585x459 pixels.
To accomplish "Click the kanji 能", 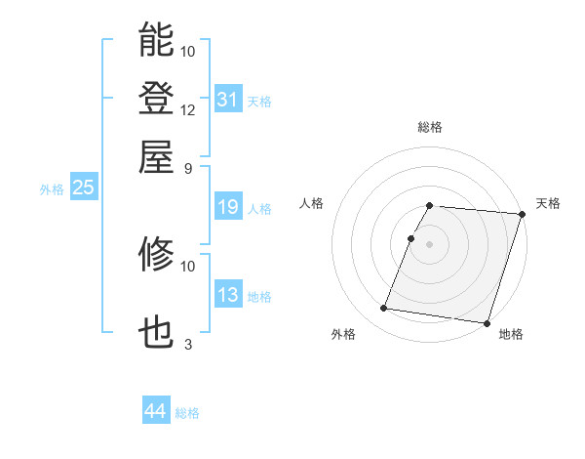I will click(156, 40).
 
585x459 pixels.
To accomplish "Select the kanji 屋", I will click(156, 156).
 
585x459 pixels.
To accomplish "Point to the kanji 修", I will click(156, 255).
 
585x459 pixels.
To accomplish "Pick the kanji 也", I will click(156, 333).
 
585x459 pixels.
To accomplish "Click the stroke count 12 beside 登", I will click(188, 109).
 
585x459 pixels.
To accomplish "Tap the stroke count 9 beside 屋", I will click(188, 168).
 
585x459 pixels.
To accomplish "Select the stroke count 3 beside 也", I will click(188, 344).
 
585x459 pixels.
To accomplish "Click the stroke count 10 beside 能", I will click(188, 51).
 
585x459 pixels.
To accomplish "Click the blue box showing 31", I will click(228, 100).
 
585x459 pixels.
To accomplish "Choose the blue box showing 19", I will click(228, 207).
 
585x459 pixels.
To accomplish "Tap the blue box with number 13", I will click(228, 295).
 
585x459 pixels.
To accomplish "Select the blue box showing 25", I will click(83, 188).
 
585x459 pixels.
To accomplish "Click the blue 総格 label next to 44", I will click(187, 413).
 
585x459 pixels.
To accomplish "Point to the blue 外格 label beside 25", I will click(52, 189).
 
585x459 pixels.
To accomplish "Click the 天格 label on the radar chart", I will click(548, 203).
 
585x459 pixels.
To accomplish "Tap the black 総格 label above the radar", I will click(430, 127).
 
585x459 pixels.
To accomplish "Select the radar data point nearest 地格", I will click(486, 322).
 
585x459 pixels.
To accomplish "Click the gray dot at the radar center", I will click(430, 243).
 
